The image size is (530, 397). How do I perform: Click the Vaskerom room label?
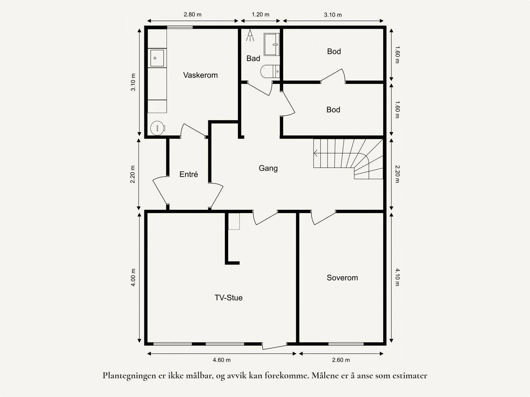(200, 75)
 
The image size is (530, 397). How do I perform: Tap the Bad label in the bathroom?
(253, 58)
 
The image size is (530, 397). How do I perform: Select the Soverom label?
(342, 278)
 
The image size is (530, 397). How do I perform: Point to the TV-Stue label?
(229, 298)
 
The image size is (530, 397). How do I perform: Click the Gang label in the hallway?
(268, 168)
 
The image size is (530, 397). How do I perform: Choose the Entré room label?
(188, 174)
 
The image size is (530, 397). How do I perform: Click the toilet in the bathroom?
(270, 72)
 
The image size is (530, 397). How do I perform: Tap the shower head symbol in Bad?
(250, 35)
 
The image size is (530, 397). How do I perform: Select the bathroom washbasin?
(272, 44)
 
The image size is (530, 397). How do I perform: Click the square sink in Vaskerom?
(157, 58)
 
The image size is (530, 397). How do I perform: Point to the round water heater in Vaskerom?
(157, 128)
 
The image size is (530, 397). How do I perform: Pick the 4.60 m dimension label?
(221, 360)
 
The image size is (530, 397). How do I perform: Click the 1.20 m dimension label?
(260, 15)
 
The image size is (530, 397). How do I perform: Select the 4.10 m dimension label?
(397, 277)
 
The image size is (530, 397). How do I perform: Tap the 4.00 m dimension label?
(133, 277)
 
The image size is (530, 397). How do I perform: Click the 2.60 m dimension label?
(341, 360)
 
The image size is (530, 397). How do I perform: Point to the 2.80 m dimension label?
(192, 15)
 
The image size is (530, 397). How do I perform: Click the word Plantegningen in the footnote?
(130, 376)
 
